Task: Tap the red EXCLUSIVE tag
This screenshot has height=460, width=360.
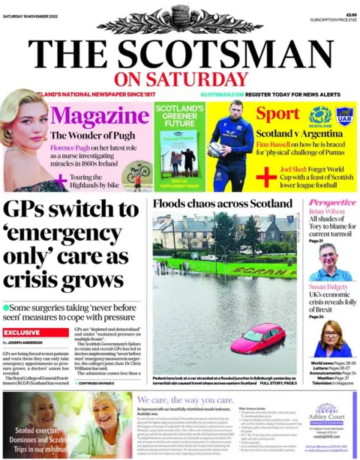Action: coord(21,332)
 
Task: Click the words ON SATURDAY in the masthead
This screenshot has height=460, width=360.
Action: coord(180,79)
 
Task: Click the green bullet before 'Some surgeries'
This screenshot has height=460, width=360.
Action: coord(7,307)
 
